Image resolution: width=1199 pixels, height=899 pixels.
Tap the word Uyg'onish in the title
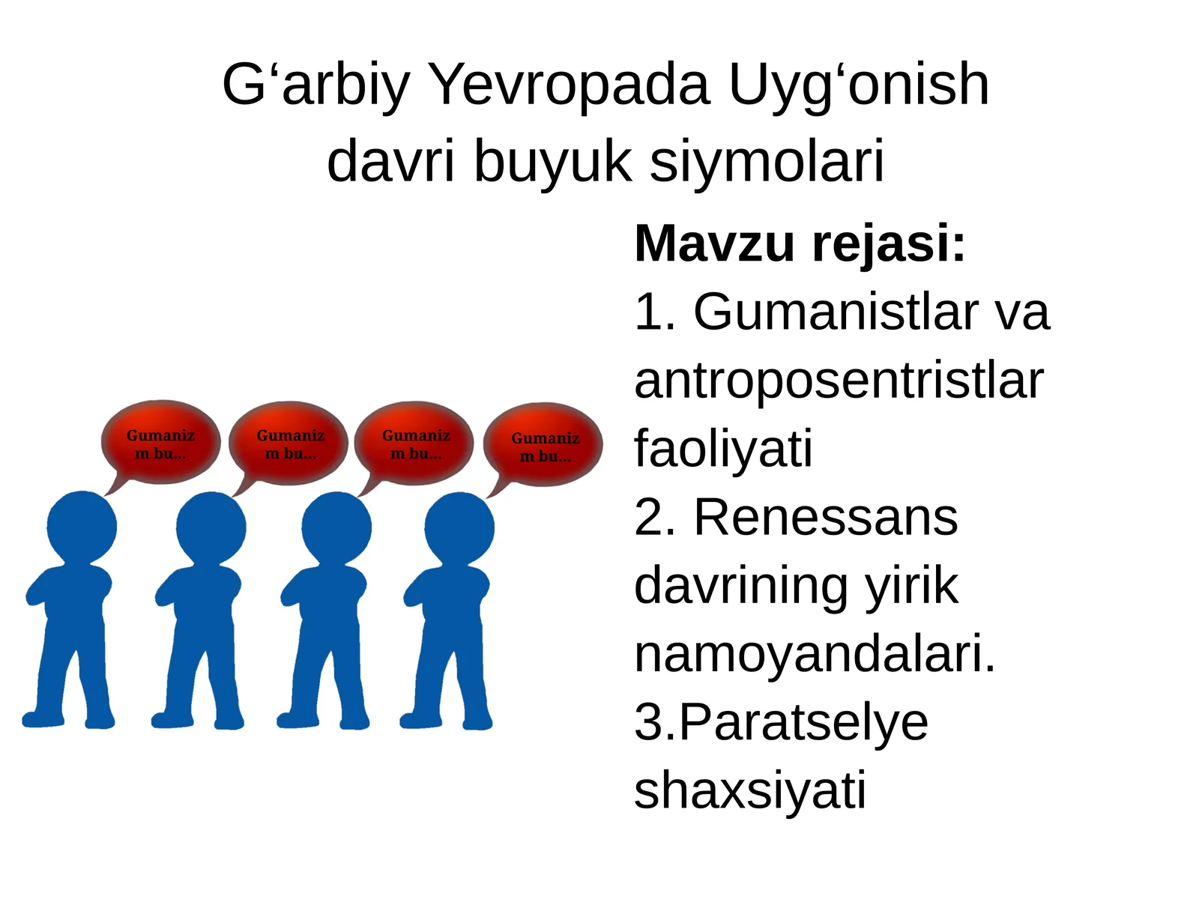(x=859, y=85)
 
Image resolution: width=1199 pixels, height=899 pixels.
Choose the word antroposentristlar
(x=838, y=380)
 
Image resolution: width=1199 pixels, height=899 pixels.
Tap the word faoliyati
(x=723, y=448)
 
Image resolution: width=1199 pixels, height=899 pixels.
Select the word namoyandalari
(x=814, y=653)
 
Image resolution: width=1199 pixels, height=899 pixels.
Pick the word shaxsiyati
(x=749, y=790)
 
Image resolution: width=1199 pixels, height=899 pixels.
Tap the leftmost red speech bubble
(x=160, y=444)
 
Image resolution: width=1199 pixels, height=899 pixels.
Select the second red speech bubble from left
(x=290, y=444)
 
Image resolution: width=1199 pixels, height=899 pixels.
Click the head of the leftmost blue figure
(x=82, y=527)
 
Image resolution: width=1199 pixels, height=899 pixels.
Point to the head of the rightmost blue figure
(x=459, y=527)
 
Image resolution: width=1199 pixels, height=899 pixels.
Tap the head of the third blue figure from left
(x=336, y=527)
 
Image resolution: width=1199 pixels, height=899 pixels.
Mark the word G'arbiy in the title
(x=315, y=84)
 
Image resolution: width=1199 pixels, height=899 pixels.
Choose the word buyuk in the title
(x=552, y=160)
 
